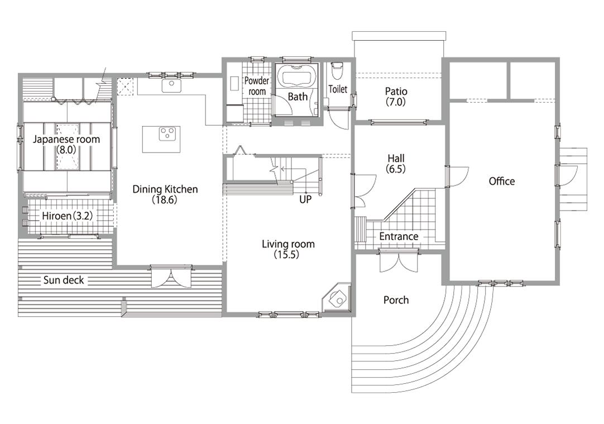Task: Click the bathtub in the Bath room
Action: (297, 77)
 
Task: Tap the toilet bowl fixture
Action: (337, 71)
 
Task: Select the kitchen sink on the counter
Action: (171, 86)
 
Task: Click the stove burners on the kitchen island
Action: (167, 134)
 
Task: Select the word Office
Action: (501, 181)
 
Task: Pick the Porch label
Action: (396, 300)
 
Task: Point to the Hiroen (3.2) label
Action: (68, 216)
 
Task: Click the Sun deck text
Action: (64, 280)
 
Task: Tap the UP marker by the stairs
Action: (305, 199)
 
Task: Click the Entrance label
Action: (399, 236)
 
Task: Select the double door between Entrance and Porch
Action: (399, 261)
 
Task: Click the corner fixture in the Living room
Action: (337, 298)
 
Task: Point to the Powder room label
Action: (257, 86)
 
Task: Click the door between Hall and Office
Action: (458, 177)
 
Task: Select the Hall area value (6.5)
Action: (396, 169)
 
